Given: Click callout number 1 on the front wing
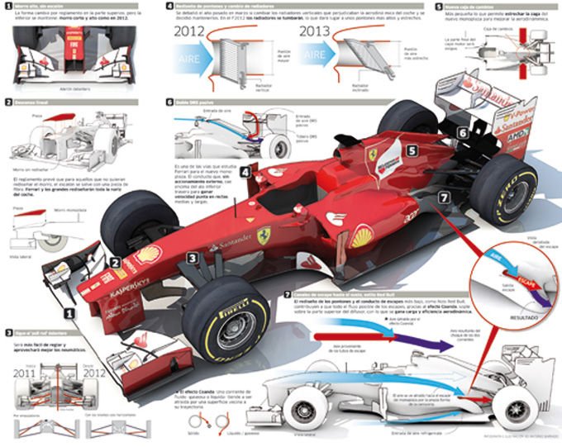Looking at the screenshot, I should [71, 315].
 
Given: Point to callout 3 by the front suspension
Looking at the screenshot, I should [191, 259].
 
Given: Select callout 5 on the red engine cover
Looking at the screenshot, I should [411, 151].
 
